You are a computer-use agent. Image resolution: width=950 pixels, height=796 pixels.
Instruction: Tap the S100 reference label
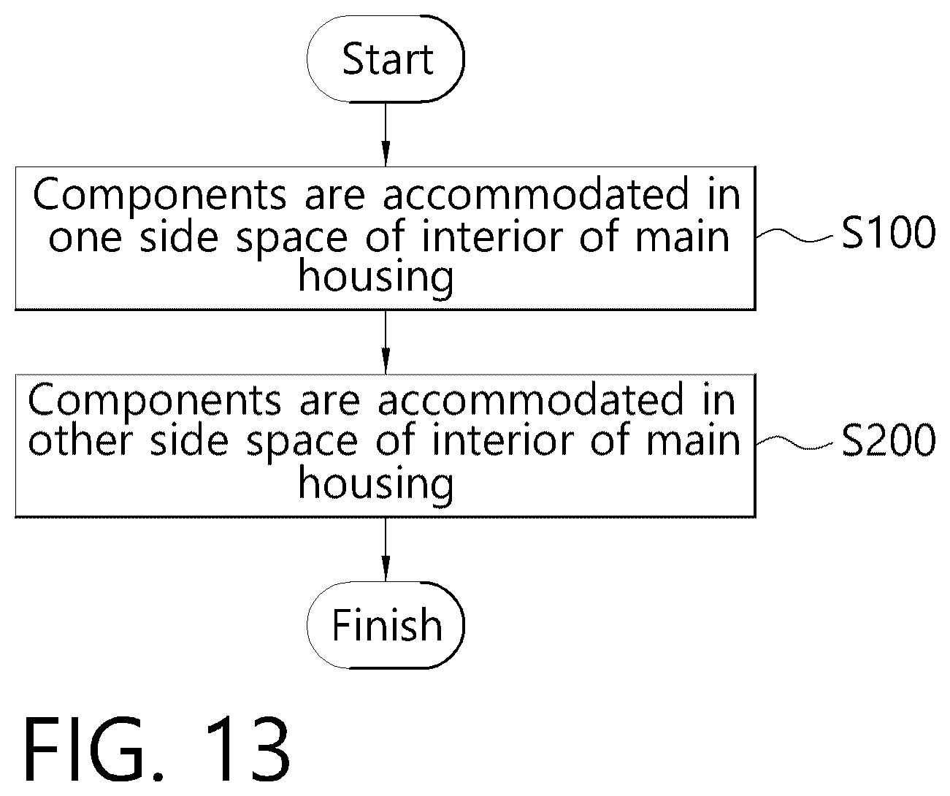[x=888, y=232]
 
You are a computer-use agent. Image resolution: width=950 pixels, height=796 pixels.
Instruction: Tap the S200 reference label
[x=888, y=440]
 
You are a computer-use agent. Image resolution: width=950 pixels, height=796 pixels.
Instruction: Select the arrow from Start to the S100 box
[x=386, y=134]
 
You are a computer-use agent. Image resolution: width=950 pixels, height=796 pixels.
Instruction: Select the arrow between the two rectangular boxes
[x=386, y=342]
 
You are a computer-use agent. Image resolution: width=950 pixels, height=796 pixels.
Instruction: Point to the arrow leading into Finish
[x=386, y=550]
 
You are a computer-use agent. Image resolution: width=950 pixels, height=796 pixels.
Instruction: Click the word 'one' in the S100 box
[x=85, y=237]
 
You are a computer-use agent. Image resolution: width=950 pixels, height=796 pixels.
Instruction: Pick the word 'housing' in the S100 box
[x=376, y=278]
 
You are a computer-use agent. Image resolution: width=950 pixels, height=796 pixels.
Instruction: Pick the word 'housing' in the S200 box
[x=376, y=484]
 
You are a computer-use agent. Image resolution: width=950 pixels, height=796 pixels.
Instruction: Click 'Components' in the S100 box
[x=160, y=196]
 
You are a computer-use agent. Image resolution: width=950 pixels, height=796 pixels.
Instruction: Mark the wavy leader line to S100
[x=794, y=235]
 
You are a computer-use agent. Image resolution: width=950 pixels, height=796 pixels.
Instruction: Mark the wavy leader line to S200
[x=794, y=443]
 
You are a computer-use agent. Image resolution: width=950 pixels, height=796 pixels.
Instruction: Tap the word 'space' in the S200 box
[x=302, y=444]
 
